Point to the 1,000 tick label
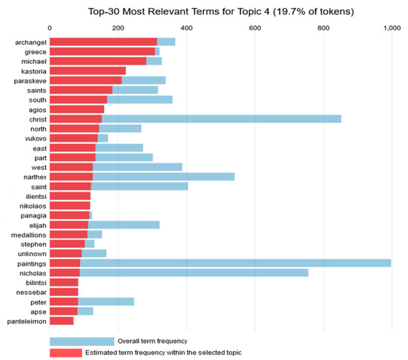click(x=391, y=27)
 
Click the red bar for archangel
click(x=103, y=42)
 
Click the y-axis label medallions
click(x=27, y=234)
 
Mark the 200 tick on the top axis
click(x=118, y=27)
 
